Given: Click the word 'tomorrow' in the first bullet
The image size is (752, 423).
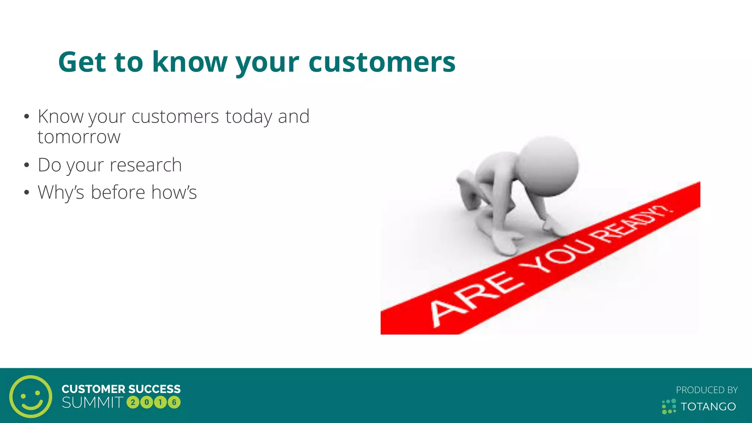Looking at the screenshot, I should point(79,137).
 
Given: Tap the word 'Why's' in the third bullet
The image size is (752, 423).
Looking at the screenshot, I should point(61,192).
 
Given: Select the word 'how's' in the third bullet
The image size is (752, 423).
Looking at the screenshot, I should point(174,192).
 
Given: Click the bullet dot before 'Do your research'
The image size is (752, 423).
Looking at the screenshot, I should point(26,165).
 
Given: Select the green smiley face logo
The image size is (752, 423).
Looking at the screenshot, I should point(31,396).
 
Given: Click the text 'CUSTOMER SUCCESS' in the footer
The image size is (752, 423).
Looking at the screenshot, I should point(121,389).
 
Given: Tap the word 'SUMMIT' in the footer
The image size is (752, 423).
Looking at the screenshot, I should point(93,403).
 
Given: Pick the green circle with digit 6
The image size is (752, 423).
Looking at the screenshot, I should point(174,402).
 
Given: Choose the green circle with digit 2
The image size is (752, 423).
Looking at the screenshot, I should point(133,402).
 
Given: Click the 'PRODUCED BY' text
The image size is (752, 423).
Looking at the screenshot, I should point(706,390).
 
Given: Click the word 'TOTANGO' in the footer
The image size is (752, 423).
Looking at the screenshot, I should point(708,406).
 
